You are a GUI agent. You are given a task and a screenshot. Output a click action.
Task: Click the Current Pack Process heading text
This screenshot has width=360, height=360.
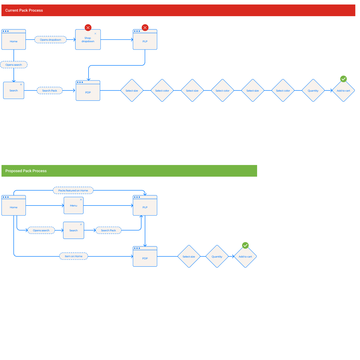pos(24,10)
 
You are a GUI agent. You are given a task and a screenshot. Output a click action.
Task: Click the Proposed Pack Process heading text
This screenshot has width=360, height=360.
pos(26,171)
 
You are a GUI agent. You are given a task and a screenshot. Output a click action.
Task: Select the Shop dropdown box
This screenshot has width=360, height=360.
pos(88,40)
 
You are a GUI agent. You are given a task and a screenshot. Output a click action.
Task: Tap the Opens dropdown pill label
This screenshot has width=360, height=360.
pos(50,40)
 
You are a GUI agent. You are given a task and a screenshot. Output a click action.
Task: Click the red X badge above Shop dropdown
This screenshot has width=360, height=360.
pos(88,28)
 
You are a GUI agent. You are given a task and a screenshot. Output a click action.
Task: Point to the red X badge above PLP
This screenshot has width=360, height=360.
pos(145,28)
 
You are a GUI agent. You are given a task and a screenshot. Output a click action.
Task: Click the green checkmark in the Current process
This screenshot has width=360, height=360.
pos(343,79)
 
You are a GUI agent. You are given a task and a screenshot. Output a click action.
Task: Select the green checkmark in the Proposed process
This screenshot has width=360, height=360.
pos(245,245)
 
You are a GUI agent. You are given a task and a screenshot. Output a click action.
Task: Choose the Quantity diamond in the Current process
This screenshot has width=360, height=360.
pos(313,91)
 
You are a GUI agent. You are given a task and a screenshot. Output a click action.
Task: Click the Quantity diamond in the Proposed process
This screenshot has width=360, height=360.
pos(217,256)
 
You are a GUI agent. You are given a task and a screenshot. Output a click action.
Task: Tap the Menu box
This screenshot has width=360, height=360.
pos(73,206)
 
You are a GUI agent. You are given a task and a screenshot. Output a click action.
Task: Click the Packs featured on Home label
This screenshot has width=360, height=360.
pos(73,190)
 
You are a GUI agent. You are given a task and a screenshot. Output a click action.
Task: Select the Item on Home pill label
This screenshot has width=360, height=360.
pos(73,256)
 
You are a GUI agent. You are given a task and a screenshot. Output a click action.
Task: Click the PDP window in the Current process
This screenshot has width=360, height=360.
pos(88,91)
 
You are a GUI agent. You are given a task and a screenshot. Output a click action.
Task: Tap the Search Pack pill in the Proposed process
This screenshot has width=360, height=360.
pos(108,230)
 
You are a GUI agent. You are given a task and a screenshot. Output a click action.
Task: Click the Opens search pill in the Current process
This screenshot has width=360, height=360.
pos(14,65)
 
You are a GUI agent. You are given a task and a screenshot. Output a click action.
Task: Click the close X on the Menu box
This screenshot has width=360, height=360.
pos(81,199)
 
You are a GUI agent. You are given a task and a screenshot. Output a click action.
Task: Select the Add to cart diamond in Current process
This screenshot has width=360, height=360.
pos(343,91)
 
